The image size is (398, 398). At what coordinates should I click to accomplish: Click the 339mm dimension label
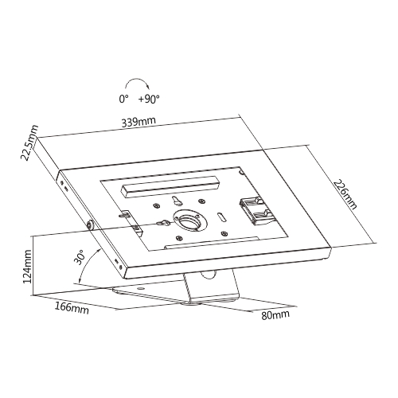[139, 122]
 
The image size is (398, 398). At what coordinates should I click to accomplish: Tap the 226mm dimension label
[345, 194]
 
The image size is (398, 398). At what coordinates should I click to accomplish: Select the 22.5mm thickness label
[29, 142]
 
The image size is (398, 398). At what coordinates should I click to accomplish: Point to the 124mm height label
[27, 266]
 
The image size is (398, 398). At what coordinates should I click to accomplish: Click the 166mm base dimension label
[72, 308]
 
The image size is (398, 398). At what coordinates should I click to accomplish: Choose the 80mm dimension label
[275, 314]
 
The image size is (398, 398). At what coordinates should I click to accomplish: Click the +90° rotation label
[149, 99]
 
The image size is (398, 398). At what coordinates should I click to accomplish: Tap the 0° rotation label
[123, 99]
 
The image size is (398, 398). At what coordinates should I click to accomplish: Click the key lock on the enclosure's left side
[90, 225]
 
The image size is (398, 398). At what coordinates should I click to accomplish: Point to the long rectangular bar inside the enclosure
[170, 186]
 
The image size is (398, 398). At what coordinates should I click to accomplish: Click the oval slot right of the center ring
[221, 217]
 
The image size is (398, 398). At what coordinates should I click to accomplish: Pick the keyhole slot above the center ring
[176, 201]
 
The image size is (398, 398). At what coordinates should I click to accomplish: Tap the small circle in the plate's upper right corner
[242, 172]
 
